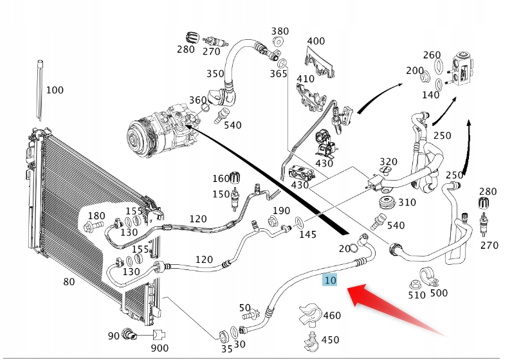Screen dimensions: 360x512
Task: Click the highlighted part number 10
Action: pos(331,280)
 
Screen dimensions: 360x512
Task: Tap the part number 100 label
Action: pos(55,90)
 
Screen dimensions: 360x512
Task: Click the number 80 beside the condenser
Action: pos(69,282)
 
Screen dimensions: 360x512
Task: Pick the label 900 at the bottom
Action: pos(160,348)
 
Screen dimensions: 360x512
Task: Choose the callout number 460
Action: pos(331,316)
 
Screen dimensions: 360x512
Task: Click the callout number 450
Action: pos(330,339)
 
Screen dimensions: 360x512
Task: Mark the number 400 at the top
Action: pos(316,41)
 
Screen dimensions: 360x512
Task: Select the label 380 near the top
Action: pos(280,31)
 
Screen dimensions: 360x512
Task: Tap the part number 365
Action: pos(279,74)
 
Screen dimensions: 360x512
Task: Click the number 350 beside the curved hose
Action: pos(215,74)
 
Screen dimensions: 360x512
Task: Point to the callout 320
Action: pos(389,161)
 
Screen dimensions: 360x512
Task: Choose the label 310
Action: pos(407,203)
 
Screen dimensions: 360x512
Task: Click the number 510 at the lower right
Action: pos(417,295)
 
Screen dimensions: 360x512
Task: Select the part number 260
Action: pos(432,55)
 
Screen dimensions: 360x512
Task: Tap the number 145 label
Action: pos(307,234)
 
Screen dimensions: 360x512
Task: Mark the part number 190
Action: pos(281,211)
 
